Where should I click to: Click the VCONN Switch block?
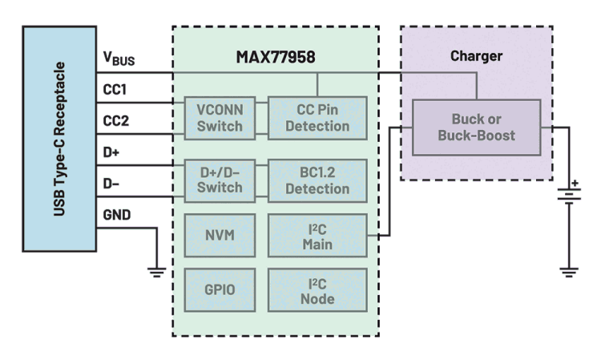(220, 118)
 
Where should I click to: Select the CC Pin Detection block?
(317, 118)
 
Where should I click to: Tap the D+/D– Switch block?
(220, 180)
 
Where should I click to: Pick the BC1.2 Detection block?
(317, 180)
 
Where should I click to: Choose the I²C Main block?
(317, 235)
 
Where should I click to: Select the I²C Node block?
(317, 289)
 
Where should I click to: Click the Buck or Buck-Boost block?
(476, 127)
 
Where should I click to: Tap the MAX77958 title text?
(275, 57)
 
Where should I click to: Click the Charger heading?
(476, 56)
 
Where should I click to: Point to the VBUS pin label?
(118, 59)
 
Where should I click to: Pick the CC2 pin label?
(115, 120)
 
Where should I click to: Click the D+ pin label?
(111, 151)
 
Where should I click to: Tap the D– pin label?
(111, 182)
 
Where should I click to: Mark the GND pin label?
(116, 214)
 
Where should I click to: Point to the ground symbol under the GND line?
(157, 272)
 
